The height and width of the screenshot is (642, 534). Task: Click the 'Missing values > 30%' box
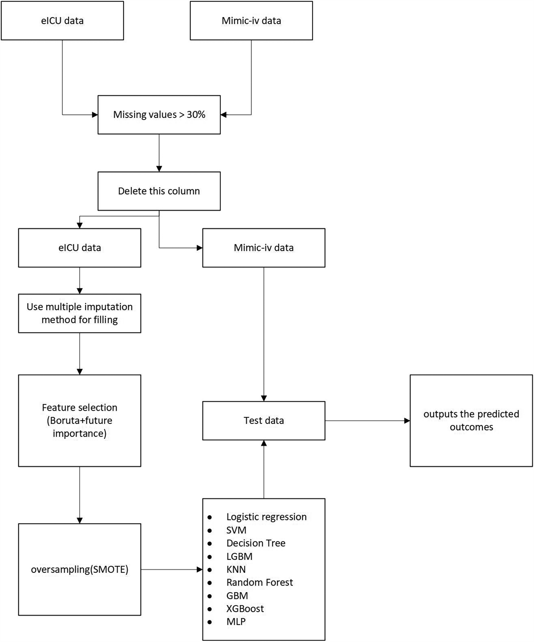pos(159,115)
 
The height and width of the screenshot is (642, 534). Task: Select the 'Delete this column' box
pos(159,191)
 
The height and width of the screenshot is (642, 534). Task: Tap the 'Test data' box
pos(263,421)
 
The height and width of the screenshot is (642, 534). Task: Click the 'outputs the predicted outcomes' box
pos(471,421)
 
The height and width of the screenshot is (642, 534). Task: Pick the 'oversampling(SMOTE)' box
pos(79,570)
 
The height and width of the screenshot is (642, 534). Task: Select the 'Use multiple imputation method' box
pos(79,313)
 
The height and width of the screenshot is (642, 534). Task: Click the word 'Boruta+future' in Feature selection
pos(79,421)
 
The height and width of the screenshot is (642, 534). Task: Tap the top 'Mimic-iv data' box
pos(251,21)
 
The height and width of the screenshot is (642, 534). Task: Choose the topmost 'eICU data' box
pos(62,21)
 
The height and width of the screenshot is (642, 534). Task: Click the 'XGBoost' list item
pos(245,609)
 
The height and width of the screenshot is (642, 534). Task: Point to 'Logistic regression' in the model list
pos(266,517)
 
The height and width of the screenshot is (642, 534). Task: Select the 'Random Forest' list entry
pos(260,583)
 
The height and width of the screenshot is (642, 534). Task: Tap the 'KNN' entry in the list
pos(236,569)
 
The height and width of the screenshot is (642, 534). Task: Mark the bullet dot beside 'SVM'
pos(210,530)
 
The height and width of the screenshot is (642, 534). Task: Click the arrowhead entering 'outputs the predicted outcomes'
pos(407,421)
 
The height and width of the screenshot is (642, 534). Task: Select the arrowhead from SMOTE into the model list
pos(200,570)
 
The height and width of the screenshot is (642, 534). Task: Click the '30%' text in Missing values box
pos(196,115)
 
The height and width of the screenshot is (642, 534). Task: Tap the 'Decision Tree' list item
pos(256,543)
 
